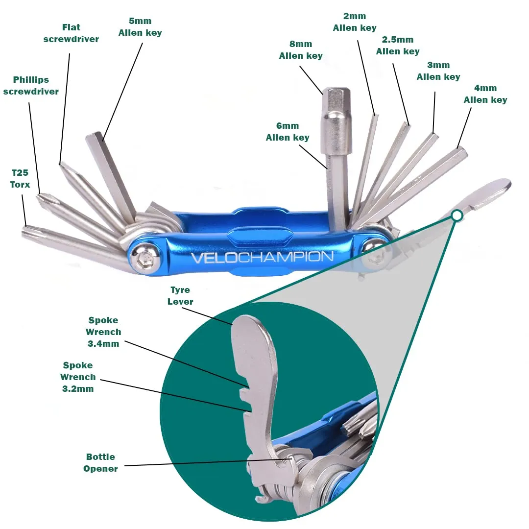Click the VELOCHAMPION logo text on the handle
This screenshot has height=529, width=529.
tap(262, 258)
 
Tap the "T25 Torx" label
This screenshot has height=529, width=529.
tap(20, 178)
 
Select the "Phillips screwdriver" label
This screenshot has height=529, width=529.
tap(31, 85)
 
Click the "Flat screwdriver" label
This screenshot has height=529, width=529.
tap(71, 33)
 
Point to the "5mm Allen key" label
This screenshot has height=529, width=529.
tap(140, 26)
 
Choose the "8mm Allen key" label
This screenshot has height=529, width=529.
tap(301, 49)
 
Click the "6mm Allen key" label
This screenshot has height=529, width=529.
tap(288, 132)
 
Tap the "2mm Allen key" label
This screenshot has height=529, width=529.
tap(355, 22)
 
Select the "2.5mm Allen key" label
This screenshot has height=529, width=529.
tap(398, 45)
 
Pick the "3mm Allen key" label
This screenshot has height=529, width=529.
tap(438, 71)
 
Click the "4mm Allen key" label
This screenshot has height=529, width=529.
tap(485, 94)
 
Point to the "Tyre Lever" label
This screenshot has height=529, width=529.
tap(180, 295)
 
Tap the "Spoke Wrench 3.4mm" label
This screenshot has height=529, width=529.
tap(103, 332)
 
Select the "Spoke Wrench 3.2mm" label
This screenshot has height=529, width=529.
tap(78, 377)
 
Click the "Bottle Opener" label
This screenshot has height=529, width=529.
tap(100, 462)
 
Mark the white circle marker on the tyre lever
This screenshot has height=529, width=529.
tap(457, 216)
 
